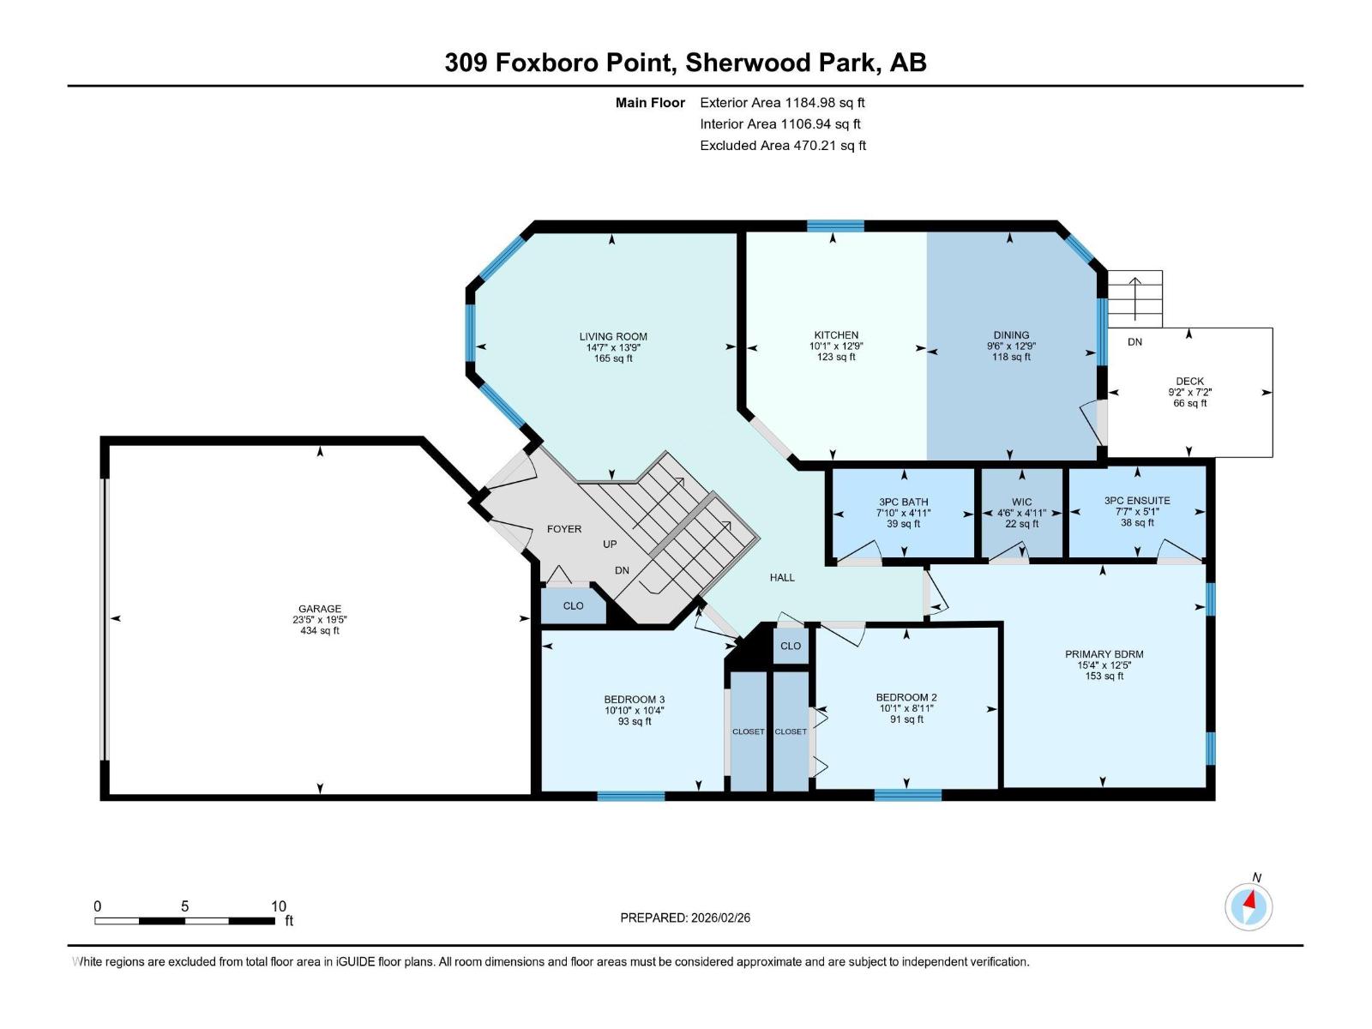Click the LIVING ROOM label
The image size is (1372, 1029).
pos(613,337)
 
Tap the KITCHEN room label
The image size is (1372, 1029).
pos(836,335)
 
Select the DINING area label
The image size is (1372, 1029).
pos(1011,335)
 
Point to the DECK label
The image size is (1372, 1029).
pos(1189,381)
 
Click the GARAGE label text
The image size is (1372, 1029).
pos(320,609)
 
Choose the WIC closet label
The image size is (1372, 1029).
pos(1021,502)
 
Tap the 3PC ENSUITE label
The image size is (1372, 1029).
pos(1137,501)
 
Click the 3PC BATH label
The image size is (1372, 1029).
pos(903,502)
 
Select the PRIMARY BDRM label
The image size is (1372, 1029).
pos(1104,654)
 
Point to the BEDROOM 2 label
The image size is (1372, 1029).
pos(906,697)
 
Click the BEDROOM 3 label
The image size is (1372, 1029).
pos(635,700)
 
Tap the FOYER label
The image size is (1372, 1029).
pos(564,529)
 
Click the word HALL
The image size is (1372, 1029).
pos(782,578)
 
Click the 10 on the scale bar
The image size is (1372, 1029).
pos(279,906)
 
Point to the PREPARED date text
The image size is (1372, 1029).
pos(685,918)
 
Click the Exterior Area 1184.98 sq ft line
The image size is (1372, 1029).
pos(782,102)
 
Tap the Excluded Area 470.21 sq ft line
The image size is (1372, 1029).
pos(782,145)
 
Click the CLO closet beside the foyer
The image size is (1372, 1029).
pos(573,605)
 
